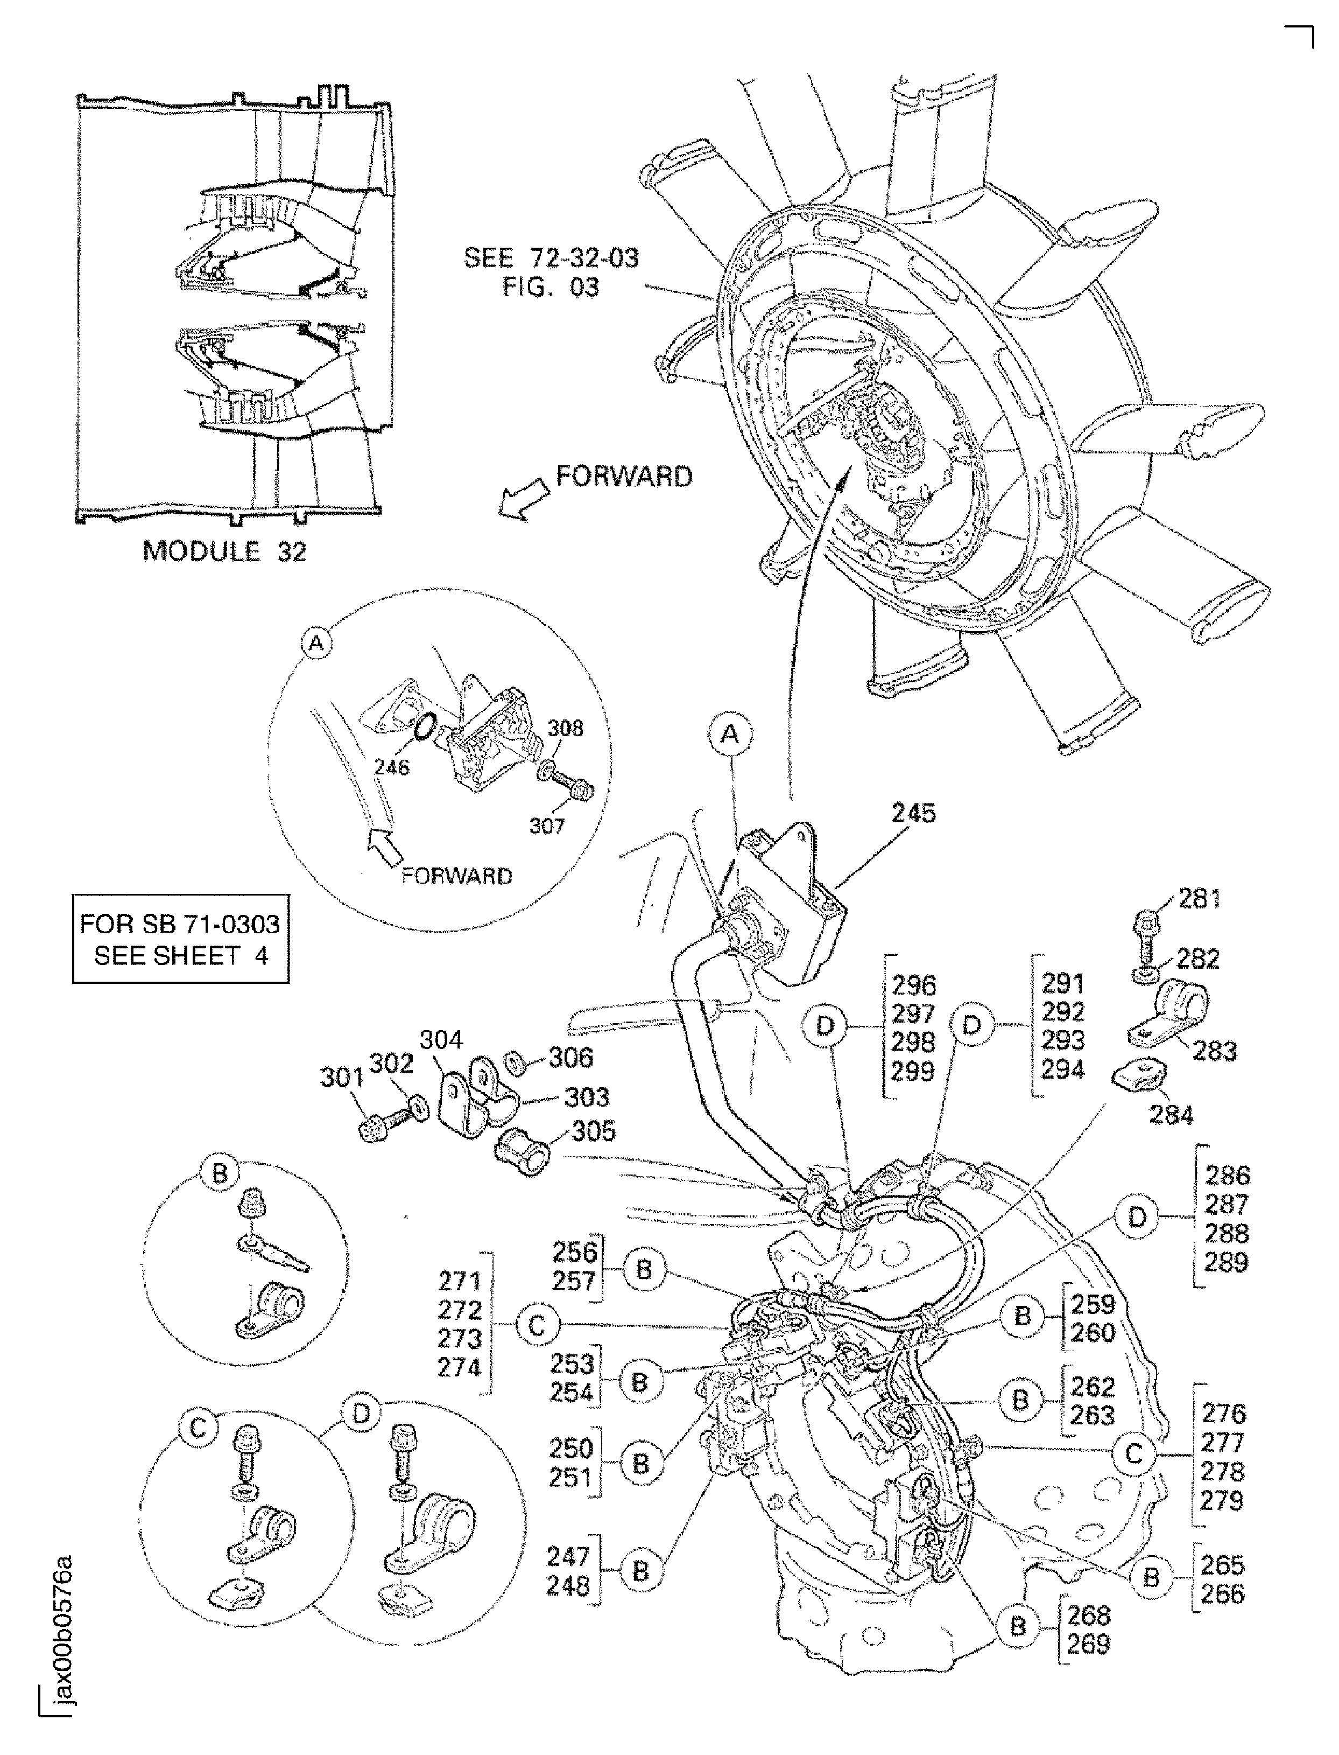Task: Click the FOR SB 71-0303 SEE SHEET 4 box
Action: pyautogui.click(x=180, y=939)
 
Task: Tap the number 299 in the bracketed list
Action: pyautogui.click(x=913, y=1071)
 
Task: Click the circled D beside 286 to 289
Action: pyautogui.click(x=1137, y=1217)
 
